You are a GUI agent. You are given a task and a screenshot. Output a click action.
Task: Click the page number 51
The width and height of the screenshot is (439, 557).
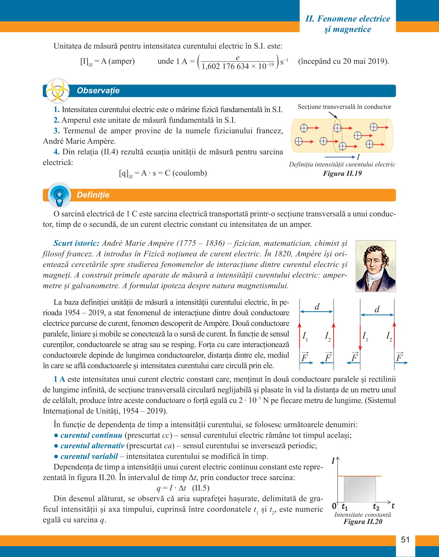tap(405, 540)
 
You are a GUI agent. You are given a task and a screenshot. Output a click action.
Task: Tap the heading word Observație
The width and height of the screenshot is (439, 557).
tap(98, 91)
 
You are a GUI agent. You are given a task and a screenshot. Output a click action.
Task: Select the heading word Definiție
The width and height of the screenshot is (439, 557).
tap(93, 195)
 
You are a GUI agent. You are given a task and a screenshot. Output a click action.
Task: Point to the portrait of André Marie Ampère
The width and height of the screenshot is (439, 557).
tap(376, 266)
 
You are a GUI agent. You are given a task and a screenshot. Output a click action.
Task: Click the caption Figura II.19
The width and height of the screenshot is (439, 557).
tap(342, 174)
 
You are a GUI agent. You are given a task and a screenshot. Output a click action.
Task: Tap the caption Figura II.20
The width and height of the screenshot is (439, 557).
tap(363, 522)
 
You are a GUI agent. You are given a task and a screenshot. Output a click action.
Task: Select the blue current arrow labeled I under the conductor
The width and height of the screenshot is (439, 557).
tap(340, 157)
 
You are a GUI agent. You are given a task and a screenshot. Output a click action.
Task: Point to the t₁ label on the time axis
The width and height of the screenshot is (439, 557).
tap(345, 507)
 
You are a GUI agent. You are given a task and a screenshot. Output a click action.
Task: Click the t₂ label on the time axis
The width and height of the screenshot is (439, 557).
tap(376, 507)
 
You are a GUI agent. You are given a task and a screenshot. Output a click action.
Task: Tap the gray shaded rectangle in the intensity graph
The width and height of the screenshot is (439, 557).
tap(360, 490)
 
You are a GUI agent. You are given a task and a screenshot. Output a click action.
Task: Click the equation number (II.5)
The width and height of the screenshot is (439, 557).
tap(201, 488)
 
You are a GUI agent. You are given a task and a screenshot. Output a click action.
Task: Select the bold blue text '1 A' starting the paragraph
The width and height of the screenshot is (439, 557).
tap(59, 379)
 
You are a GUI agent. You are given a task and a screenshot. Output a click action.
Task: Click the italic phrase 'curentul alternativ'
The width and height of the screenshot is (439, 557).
tap(92, 446)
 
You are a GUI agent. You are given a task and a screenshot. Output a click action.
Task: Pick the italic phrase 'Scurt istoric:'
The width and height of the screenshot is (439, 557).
tap(76, 243)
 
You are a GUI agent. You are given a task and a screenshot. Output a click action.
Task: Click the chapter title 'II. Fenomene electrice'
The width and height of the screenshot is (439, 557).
tap(348, 19)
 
